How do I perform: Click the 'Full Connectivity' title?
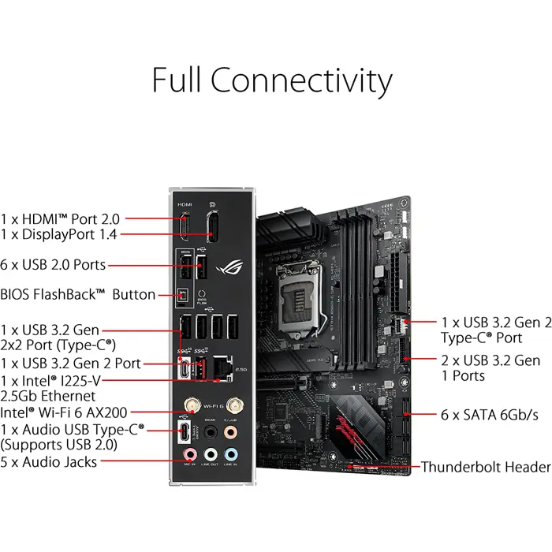coord(271,80)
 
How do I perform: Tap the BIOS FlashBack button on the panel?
coord(184,295)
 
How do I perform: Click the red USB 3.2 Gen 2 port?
coord(200,367)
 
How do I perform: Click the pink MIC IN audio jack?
coord(190,455)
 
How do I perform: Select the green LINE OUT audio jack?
coord(211,455)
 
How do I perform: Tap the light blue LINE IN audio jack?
coord(230,455)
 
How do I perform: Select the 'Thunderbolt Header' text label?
coord(486,467)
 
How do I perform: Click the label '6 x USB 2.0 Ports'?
coord(53,265)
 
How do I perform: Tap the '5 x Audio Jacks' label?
coord(49,461)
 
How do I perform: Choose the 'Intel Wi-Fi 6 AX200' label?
coord(65,411)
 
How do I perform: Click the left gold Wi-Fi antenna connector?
coord(190,407)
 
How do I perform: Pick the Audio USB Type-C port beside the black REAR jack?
coord(185,432)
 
